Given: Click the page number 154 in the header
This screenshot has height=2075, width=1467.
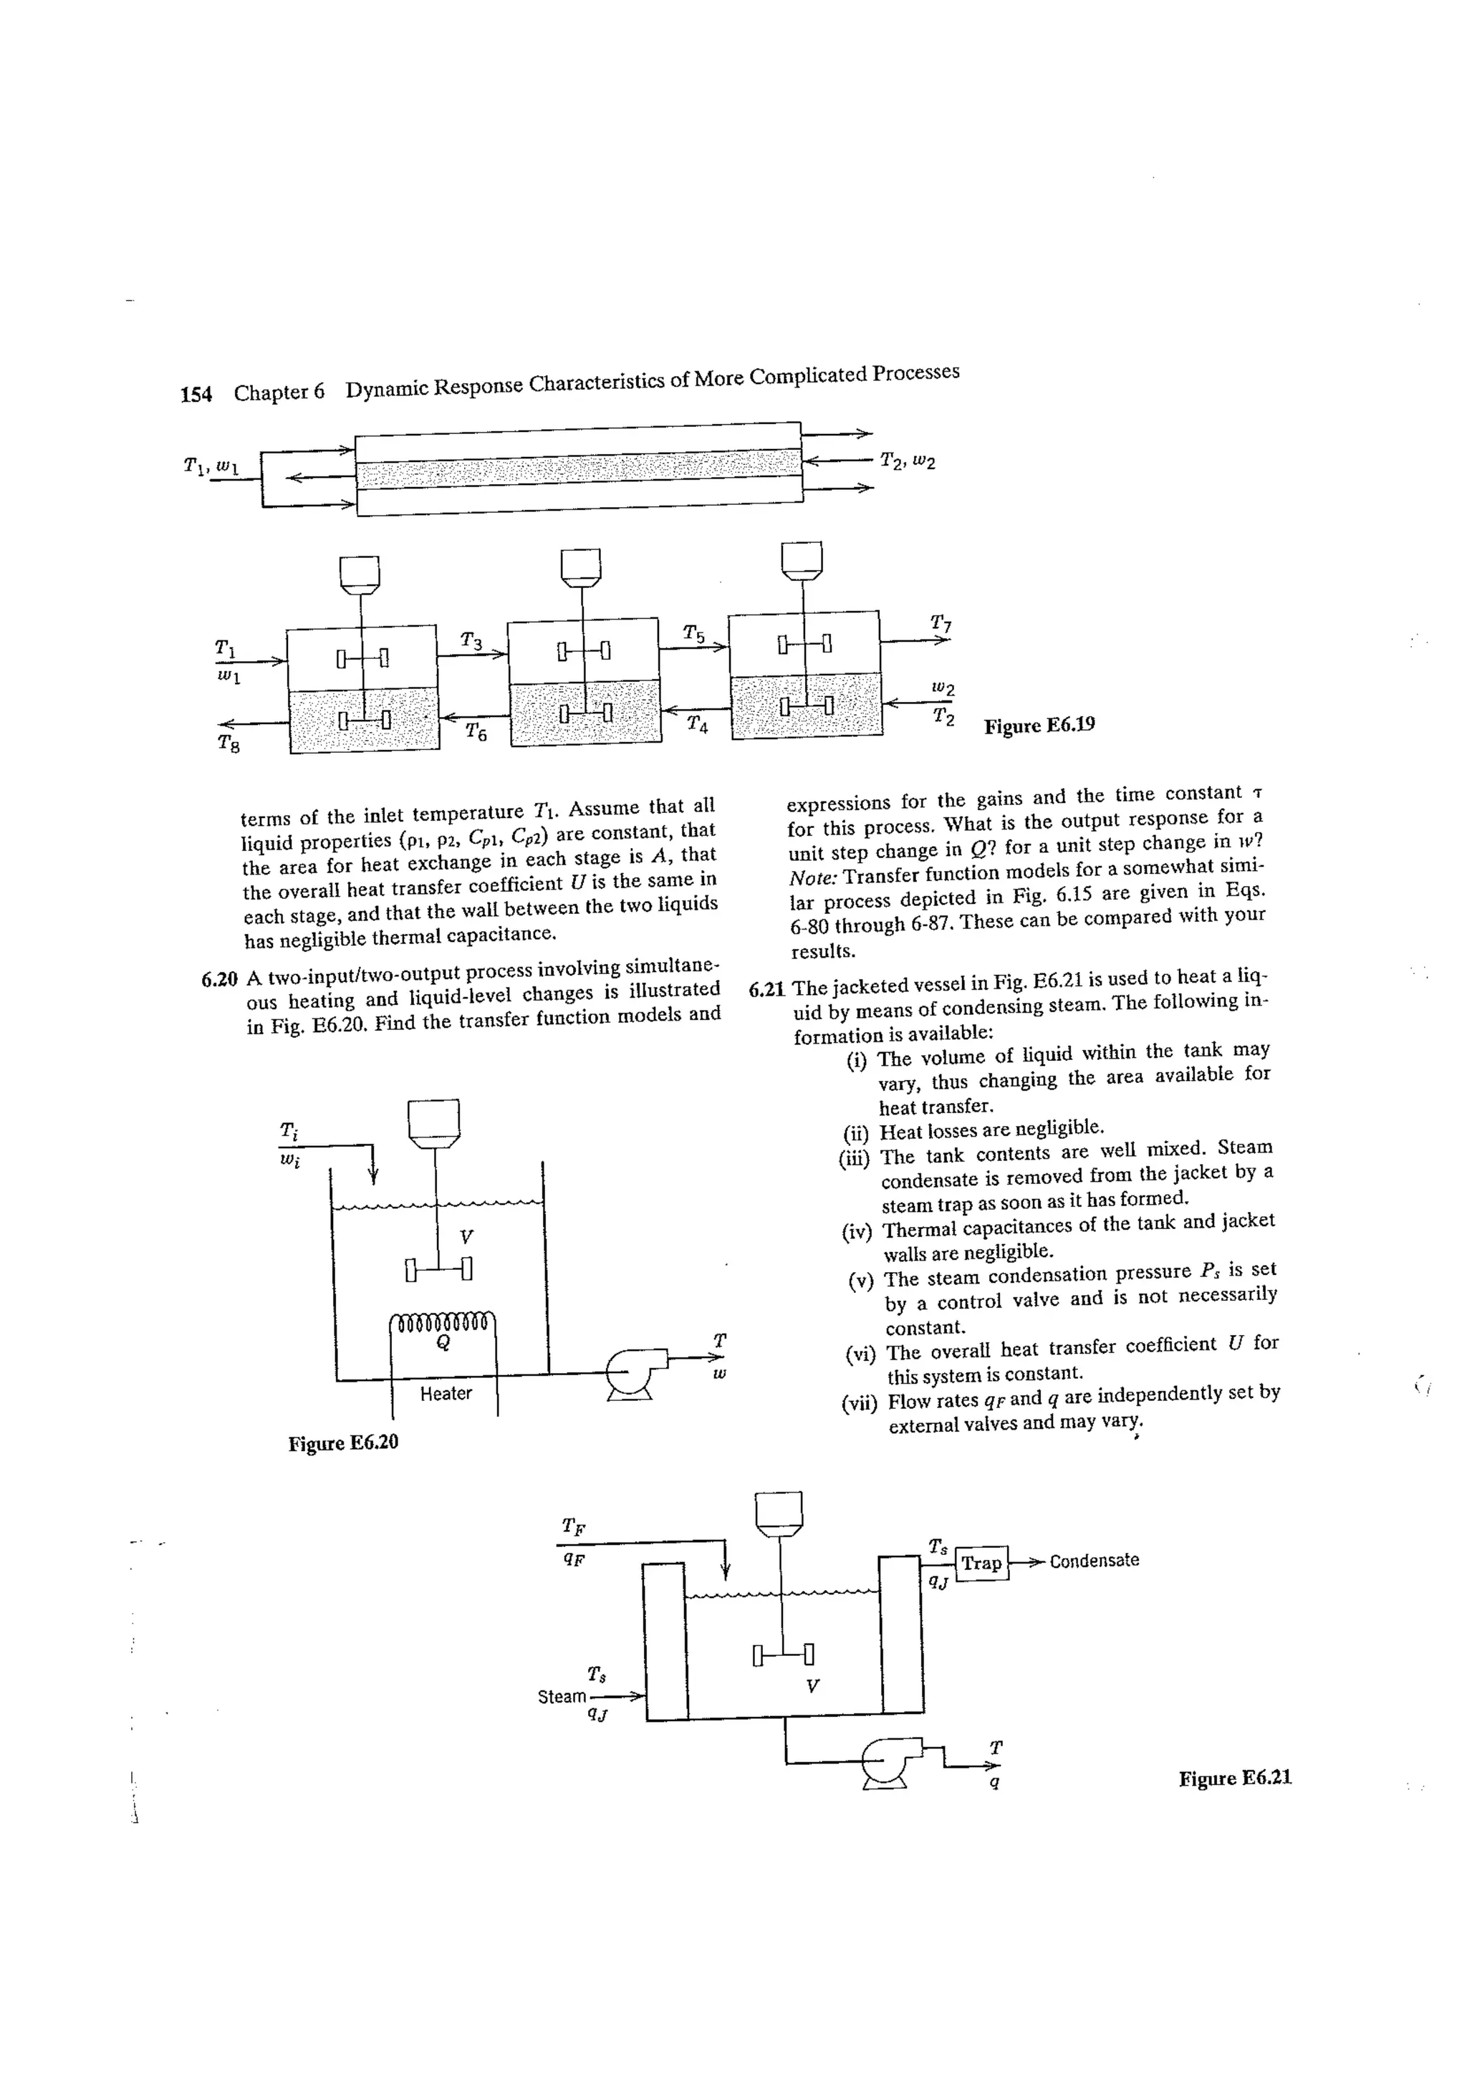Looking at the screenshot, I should point(196,394).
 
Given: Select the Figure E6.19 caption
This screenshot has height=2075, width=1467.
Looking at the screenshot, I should point(1039,726).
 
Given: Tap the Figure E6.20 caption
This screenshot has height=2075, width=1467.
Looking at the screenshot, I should point(344,1443).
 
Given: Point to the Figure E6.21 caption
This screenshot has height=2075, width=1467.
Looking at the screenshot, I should point(1235,1778).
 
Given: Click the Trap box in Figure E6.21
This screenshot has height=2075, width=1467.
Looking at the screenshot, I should point(981,1563).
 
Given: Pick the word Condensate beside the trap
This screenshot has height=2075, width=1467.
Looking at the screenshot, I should point(1095,1561).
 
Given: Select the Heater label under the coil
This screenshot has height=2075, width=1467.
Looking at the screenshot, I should point(446,1394).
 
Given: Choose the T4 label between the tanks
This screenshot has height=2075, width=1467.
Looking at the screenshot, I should point(697,724).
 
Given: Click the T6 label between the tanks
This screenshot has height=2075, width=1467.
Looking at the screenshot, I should point(476,731).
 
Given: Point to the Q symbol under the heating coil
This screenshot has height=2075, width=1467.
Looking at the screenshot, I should point(443,1343).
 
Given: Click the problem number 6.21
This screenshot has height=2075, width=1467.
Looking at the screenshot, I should point(766,988).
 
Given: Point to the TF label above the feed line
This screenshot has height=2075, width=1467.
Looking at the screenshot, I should point(573,1526).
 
